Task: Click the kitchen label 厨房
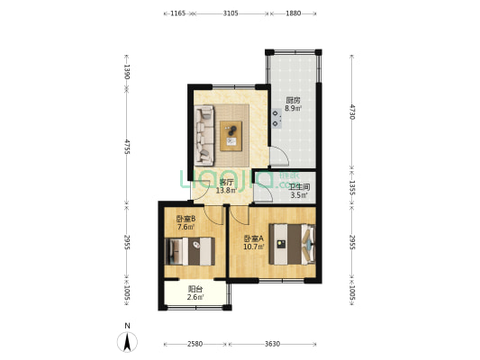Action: pyautogui.click(x=293, y=100)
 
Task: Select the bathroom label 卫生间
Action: pyautogui.click(x=299, y=186)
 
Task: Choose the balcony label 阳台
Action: pyautogui.click(x=195, y=289)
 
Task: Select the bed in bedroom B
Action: pyautogui.click(x=188, y=251)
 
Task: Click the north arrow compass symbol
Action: pyautogui.click(x=128, y=341)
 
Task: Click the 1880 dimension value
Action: pyautogui.click(x=293, y=13)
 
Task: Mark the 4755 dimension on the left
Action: pyautogui.click(x=127, y=148)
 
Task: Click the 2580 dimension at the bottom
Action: pyautogui.click(x=195, y=343)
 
